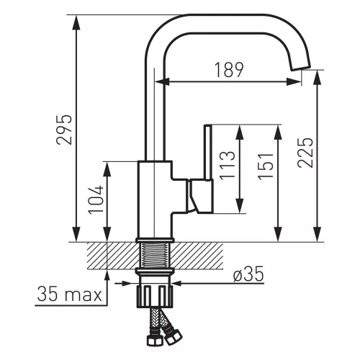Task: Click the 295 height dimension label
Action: tap(64, 130)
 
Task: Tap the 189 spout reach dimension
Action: tap(229, 70)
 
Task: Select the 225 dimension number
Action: tap(305, 153)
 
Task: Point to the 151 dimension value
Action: tap(266, 166)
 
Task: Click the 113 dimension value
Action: tap(227, 166)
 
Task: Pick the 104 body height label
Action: tap(96, 200)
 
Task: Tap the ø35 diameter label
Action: tap(248, 274)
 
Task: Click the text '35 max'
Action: tap(70, 294)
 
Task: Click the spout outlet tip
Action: tap(301, 67)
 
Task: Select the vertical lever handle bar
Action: tap(208, 152)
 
